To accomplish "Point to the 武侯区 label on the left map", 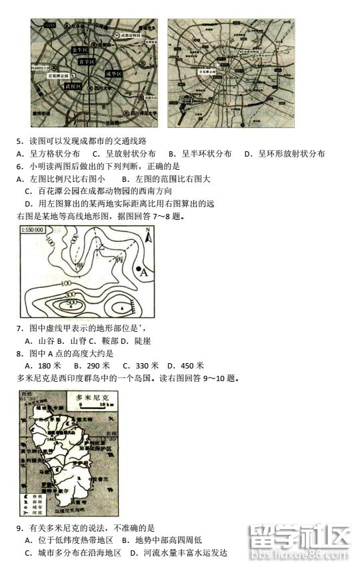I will click(x=73, y=87).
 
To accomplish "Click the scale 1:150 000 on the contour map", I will click(x=33, y=230).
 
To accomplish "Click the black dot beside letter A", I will click(x=139, y=270).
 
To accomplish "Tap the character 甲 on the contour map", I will click(x=81, y=266).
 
